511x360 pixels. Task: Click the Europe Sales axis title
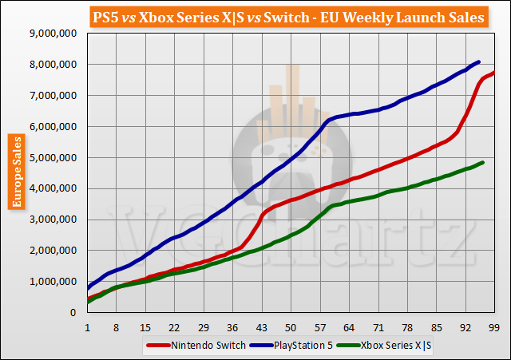pyautogui.click(x=15, y=172)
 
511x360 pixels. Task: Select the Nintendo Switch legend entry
pyautogui.click(x=183, y=345)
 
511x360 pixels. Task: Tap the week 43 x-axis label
pyautogui.click(x=261, y=326)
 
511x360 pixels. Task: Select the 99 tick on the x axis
pyautogui.click(x=494, y=326)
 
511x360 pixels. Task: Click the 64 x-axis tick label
pyautogui.click(x=349, y=326)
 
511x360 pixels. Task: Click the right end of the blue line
pyautogui.click(x=478, y=61)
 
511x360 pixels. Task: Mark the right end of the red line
pyautogui.click(x=494, y=73)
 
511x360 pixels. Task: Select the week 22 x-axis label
pyautogui.click(x=174, y=326)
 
